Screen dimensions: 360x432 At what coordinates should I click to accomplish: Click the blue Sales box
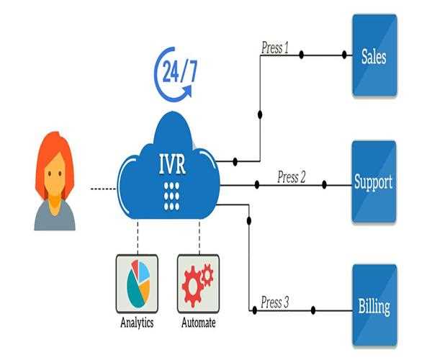point(374,55)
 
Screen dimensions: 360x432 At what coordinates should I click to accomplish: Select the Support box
point(374,181)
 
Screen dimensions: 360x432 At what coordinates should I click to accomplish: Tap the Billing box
point(374,307)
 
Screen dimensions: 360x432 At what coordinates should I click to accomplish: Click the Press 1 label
point(274,49)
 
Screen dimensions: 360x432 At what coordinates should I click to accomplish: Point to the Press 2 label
point(292,177)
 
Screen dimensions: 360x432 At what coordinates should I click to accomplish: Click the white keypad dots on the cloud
point(171,194)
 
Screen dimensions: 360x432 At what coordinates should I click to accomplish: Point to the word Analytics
point(137,323)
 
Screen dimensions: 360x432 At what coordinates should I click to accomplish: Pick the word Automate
point(197,323)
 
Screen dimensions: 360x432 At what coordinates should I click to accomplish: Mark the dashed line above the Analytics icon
point(137,236)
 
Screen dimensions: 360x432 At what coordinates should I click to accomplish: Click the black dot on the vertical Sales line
point(259,114)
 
